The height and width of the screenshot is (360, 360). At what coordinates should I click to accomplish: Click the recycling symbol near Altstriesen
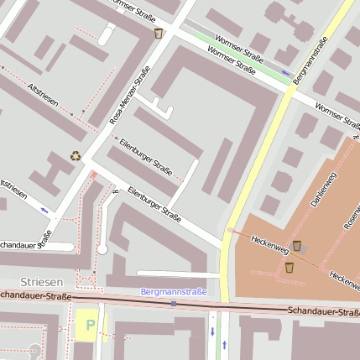point(76,155)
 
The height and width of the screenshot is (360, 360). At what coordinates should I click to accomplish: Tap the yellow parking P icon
point(90,324)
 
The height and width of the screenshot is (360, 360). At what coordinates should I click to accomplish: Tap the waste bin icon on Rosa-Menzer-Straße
point(159,34)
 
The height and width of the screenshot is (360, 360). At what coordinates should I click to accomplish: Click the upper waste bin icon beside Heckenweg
point(297,246)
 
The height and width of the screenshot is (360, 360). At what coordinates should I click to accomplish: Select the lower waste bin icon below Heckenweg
point(289,267)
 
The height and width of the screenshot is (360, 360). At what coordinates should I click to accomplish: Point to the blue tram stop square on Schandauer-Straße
point(174,303)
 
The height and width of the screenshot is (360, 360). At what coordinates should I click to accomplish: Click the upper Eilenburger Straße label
point(146,156)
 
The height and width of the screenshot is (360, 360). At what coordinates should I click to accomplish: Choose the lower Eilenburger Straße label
point(154,205)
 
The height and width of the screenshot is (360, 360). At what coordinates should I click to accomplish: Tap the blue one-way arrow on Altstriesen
point(44,211)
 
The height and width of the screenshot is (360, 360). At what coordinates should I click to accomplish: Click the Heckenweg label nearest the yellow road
point(269,244)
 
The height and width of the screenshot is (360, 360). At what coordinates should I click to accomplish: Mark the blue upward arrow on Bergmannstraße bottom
point(224,345)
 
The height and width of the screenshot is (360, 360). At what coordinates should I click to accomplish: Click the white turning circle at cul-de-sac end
point(102,249)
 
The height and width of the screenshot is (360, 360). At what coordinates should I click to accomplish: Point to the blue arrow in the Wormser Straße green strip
point(286,74)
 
